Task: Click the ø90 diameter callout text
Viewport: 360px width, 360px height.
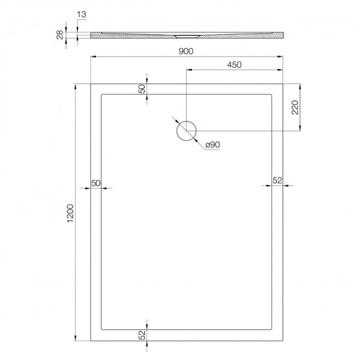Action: (212, 145)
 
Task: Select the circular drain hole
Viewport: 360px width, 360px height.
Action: (186, 131)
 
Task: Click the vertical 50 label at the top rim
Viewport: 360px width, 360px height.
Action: (142, 88)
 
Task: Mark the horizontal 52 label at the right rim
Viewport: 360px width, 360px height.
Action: (277, 180)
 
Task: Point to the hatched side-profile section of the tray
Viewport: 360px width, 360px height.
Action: (186, 35)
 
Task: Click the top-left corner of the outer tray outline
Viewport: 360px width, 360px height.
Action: (90, 83)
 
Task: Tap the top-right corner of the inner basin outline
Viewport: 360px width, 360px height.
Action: (272, 94)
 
